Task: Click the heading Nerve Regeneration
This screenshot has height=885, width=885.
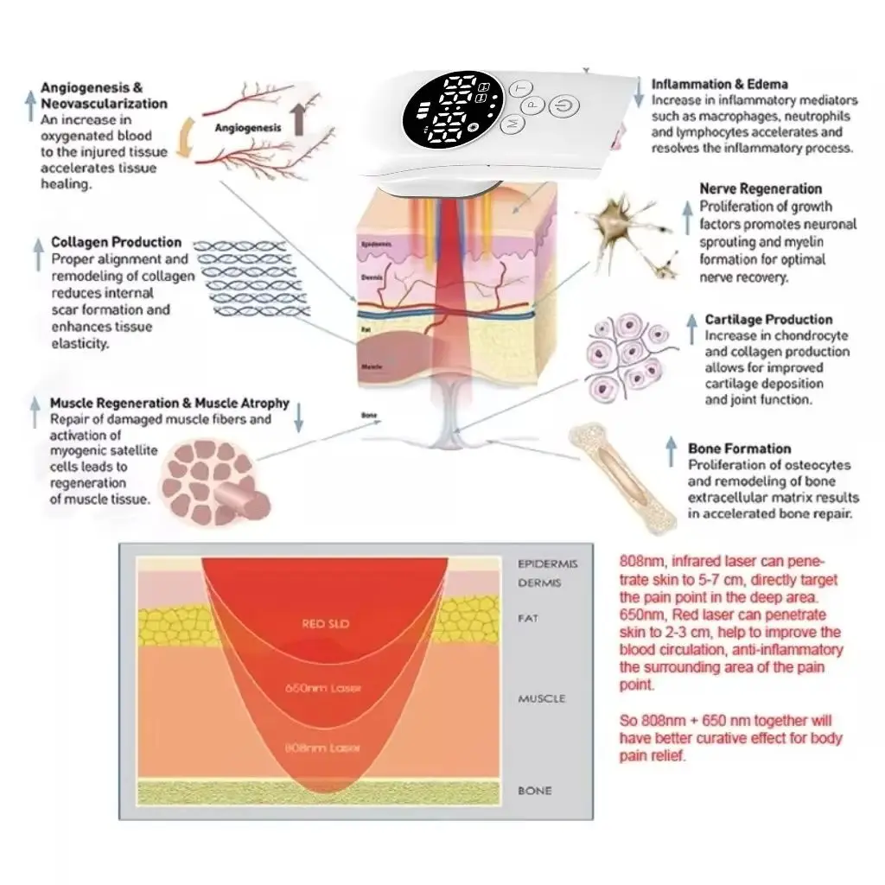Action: tap(761, 188)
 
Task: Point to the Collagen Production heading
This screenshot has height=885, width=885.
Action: tap(116, 242)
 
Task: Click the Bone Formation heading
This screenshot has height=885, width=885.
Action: tap(739, 449)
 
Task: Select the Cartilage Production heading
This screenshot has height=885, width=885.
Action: tap(768, 320)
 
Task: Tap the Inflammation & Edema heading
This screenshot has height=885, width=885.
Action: tap(719, 84)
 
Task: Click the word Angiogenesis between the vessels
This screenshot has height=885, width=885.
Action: tap(248, 127)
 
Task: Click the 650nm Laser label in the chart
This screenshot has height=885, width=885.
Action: tap(324, 689)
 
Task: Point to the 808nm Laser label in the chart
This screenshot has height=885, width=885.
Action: tap(324, 748)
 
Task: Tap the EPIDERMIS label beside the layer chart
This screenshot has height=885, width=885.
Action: tap(548, 564)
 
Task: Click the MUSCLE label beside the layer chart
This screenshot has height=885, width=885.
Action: tap(541, 698)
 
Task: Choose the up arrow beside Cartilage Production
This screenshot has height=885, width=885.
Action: tap(691, 328)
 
